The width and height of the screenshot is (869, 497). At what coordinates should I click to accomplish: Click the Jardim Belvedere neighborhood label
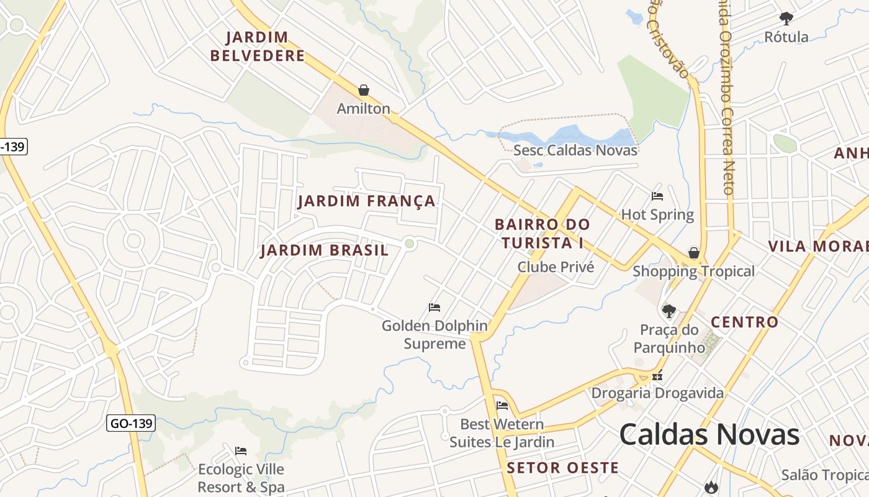tap(257, 47)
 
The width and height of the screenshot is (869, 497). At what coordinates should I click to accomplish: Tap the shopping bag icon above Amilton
tap(364, 91)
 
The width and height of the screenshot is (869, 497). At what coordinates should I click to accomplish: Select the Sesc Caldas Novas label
tap(575, 150)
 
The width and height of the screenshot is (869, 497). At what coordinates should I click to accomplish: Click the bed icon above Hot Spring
tap(657, 196)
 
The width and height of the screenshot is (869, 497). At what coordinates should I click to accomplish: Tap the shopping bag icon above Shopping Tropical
tap(694, 253)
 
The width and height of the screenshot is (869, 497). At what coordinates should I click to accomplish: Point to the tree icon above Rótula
tap(786, 18)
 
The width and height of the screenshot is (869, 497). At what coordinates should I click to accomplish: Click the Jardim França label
tap(366, 201)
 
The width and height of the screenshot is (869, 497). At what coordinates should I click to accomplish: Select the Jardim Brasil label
tap(324, 250)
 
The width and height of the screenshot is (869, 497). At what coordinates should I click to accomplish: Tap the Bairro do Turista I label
tap(542, 233)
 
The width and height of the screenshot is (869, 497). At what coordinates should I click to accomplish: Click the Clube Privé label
tap(556, 267)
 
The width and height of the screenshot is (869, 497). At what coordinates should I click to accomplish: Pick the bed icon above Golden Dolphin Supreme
tap(434, 308)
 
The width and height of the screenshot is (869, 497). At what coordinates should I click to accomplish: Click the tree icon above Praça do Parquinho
tap(669, 311)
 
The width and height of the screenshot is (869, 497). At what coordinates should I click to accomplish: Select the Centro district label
tap(744, 322)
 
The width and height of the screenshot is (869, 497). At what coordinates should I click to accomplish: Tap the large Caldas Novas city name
tap(709, 434)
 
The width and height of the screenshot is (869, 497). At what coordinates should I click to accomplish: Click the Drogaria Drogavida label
tap(657, 393)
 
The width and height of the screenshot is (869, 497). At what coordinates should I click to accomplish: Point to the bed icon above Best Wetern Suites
tap(502, 406)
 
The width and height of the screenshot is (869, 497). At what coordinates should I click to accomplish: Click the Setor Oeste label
tap(562, 468)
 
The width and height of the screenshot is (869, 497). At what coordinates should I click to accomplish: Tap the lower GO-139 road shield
tap(130, 424)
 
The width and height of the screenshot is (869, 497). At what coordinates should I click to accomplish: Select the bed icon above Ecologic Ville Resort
tap(241, 450)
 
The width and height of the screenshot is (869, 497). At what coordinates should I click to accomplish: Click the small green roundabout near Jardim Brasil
tap(409, 244)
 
